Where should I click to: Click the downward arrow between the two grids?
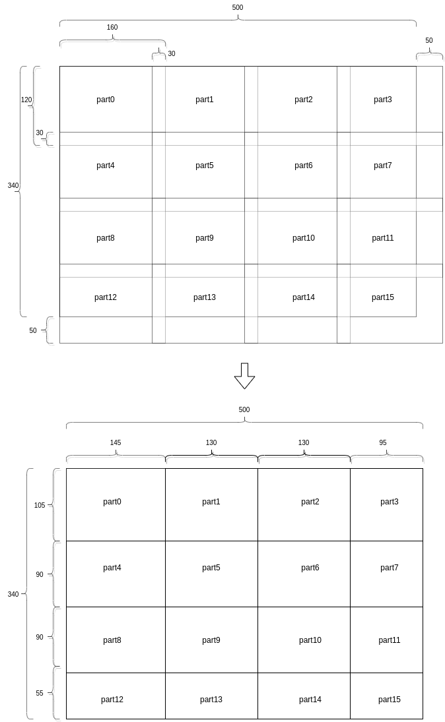click(244, 375)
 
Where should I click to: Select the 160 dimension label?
click(112, 28)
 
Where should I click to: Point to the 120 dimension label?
click(26, 100)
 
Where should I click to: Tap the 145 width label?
click(116, 443)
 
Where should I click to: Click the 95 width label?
click(383, 443)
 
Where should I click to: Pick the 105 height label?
click(40, 506)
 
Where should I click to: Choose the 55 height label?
click(40, 694)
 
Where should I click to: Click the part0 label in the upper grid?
click(106, 100)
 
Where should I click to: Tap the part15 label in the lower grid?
click(390, 700)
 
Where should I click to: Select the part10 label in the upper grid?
click(304, 238)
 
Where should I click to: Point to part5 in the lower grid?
click(211, 568)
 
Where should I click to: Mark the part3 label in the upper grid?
click(383, 100)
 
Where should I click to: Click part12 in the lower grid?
click(112, 700)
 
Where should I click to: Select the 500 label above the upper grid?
click(238, 8)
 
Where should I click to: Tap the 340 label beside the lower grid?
click(13, 595)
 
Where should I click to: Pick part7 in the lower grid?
click(390, 568)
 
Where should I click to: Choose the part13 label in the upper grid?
click(205, 297)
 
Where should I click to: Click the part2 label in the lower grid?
click(310, 502)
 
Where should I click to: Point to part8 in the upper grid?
click(106, 238)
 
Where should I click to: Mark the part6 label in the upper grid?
click(304, 165)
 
